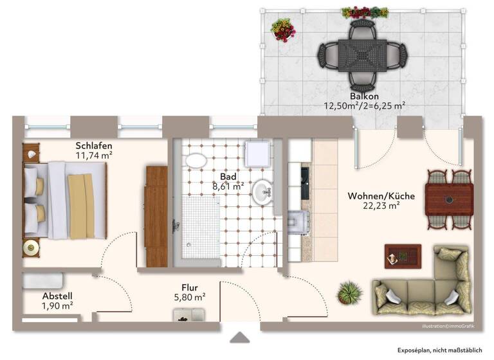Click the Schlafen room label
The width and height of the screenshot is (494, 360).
tap(94, 145)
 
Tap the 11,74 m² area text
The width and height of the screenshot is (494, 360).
tap(94, 155)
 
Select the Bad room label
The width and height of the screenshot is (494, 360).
tap(228, 176)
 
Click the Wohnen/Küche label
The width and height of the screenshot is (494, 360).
tap(381, 195)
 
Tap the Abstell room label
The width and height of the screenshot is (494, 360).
tap(57, 296)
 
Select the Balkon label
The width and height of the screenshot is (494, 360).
tap(364, 96)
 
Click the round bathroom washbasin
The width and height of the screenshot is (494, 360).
tap(262, 191)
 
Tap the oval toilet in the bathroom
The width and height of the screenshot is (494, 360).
tap(195, 160)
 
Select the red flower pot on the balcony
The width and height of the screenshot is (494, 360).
tap(282, 30)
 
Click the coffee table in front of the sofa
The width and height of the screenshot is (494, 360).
tap(402, 256)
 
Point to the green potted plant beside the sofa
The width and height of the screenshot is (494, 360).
tap(349, 293)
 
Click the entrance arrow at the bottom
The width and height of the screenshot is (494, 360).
tap(239, 337)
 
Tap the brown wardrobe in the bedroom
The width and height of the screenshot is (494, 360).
tap(156, 215)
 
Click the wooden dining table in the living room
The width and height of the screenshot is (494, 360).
tap(449, 199)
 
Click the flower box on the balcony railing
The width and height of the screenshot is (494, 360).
tap(365, 12)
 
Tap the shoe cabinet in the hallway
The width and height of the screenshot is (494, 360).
tap(189, 314)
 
